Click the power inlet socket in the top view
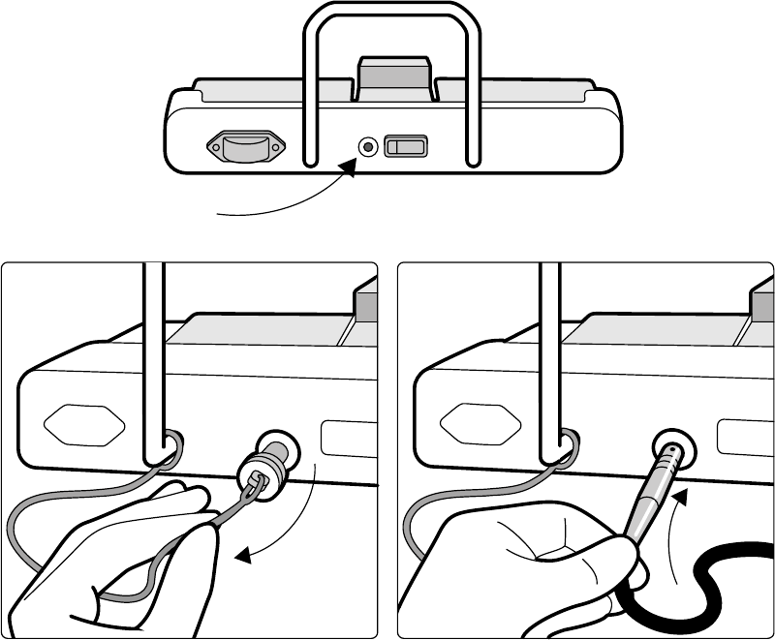tap(247, 147)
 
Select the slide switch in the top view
tap(406, 147)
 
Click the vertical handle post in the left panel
tap(153, 358)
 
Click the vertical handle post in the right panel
tap(548, 358)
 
